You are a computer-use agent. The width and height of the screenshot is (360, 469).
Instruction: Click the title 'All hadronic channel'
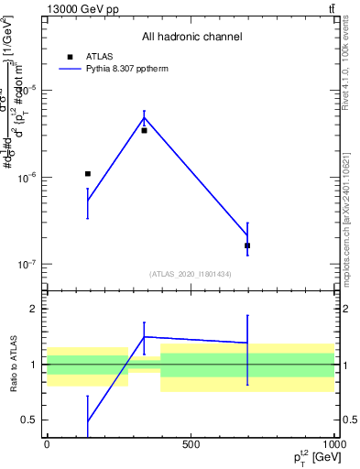coord(191,38)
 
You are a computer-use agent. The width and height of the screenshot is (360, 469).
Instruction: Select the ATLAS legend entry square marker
coord(70,56)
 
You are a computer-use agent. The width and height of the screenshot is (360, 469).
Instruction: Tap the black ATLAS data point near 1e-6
coord(88,173)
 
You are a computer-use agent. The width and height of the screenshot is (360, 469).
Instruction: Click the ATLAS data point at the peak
coord(144,130)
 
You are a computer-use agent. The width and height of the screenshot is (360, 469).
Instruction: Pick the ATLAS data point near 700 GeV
coord(247,245)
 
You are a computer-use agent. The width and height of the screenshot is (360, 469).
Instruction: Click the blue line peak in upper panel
coord(144,117)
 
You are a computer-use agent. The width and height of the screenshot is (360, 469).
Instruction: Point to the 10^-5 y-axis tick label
coord(29,90)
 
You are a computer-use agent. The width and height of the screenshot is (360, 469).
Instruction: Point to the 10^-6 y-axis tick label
coord(29,177)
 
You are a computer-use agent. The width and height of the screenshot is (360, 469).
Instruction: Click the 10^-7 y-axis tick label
coord(29,264)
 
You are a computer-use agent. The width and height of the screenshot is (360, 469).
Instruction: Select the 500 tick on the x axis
coord(191,444)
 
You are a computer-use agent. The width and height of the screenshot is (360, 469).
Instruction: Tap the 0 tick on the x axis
coord(47,444)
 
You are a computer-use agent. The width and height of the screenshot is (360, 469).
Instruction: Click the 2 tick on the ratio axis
coord(34,310)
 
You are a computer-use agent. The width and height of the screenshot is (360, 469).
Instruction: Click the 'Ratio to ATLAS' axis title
coord(10,365)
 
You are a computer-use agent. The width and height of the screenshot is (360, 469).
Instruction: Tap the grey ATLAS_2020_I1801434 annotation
coord(191,274)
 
